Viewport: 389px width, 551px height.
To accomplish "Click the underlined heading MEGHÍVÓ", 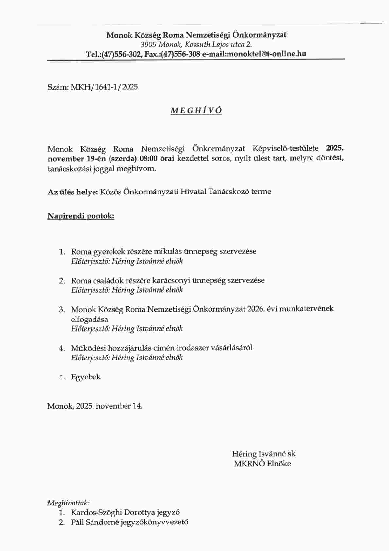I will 196,110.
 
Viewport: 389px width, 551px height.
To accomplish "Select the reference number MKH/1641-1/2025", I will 104,87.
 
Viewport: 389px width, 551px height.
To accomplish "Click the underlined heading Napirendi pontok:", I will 81,216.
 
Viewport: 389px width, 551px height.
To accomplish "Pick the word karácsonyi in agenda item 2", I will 173,280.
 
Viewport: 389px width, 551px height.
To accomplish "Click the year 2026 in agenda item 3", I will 256,309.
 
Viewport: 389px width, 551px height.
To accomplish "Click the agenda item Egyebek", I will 86,377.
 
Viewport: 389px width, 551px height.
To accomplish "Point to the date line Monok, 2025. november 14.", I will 95,406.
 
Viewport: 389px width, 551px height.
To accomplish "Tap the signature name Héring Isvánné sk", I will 263,454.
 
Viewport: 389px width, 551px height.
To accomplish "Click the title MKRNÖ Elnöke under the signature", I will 262,464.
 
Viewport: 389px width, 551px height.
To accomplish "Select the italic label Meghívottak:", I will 68,503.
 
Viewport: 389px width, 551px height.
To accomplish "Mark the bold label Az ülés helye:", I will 73,192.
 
